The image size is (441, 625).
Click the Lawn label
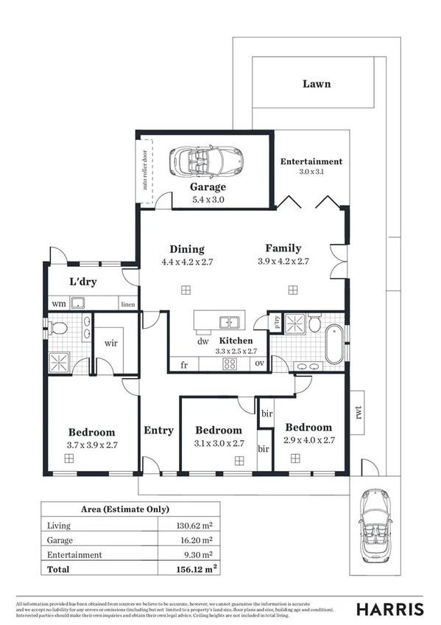coord(317,84)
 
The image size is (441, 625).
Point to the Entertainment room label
coord(311,161)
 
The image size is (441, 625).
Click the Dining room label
coord(187,249)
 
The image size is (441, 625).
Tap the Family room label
coord(283,248)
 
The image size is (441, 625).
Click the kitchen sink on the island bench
coord(230,322)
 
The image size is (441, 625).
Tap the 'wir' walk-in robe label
coord(111,343)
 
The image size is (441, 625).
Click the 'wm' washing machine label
coord(57,304)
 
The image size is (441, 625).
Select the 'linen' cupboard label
coord(128,304)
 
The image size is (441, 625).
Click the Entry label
coord(158,430)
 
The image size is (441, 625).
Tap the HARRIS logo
coord(390,609)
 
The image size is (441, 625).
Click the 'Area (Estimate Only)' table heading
coord(124,509)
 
